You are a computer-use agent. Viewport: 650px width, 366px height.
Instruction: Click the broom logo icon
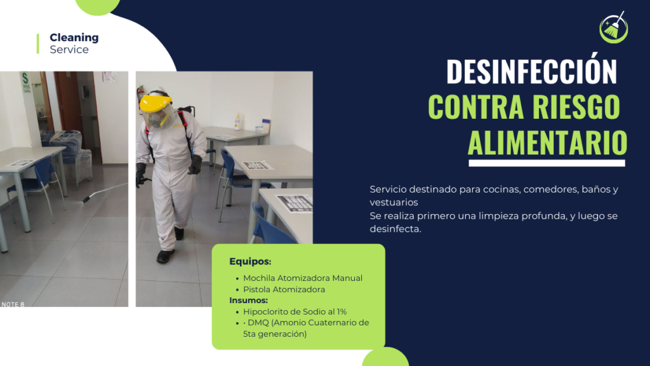614,27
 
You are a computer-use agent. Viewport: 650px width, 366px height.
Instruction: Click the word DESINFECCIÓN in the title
531,72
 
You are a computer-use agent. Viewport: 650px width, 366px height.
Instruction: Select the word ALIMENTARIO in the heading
547,143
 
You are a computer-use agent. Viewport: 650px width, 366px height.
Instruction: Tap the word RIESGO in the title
576,107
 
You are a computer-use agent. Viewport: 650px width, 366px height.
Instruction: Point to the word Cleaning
74,37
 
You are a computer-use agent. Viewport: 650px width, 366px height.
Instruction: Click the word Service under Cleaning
69,50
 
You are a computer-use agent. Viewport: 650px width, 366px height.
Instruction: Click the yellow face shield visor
157,111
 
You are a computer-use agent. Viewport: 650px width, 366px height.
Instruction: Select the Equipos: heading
250,261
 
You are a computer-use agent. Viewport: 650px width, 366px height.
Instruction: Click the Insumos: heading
248,300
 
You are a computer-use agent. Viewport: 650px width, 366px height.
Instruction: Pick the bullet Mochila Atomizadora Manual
303,278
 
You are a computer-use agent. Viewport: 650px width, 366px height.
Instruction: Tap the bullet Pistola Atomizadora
284,289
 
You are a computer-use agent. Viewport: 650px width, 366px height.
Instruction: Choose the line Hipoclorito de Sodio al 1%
295,311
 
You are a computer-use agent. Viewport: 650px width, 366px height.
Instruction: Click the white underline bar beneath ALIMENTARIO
547,163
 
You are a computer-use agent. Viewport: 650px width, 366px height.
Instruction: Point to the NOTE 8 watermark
13,304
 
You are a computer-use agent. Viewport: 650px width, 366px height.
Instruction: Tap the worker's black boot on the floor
165,256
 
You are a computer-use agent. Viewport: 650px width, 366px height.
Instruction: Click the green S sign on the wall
25,82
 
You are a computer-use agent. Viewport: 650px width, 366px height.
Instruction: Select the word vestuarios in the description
394,203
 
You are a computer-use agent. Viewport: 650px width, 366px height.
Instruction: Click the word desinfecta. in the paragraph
395,229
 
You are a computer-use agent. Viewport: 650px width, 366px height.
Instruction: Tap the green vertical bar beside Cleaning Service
37,44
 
